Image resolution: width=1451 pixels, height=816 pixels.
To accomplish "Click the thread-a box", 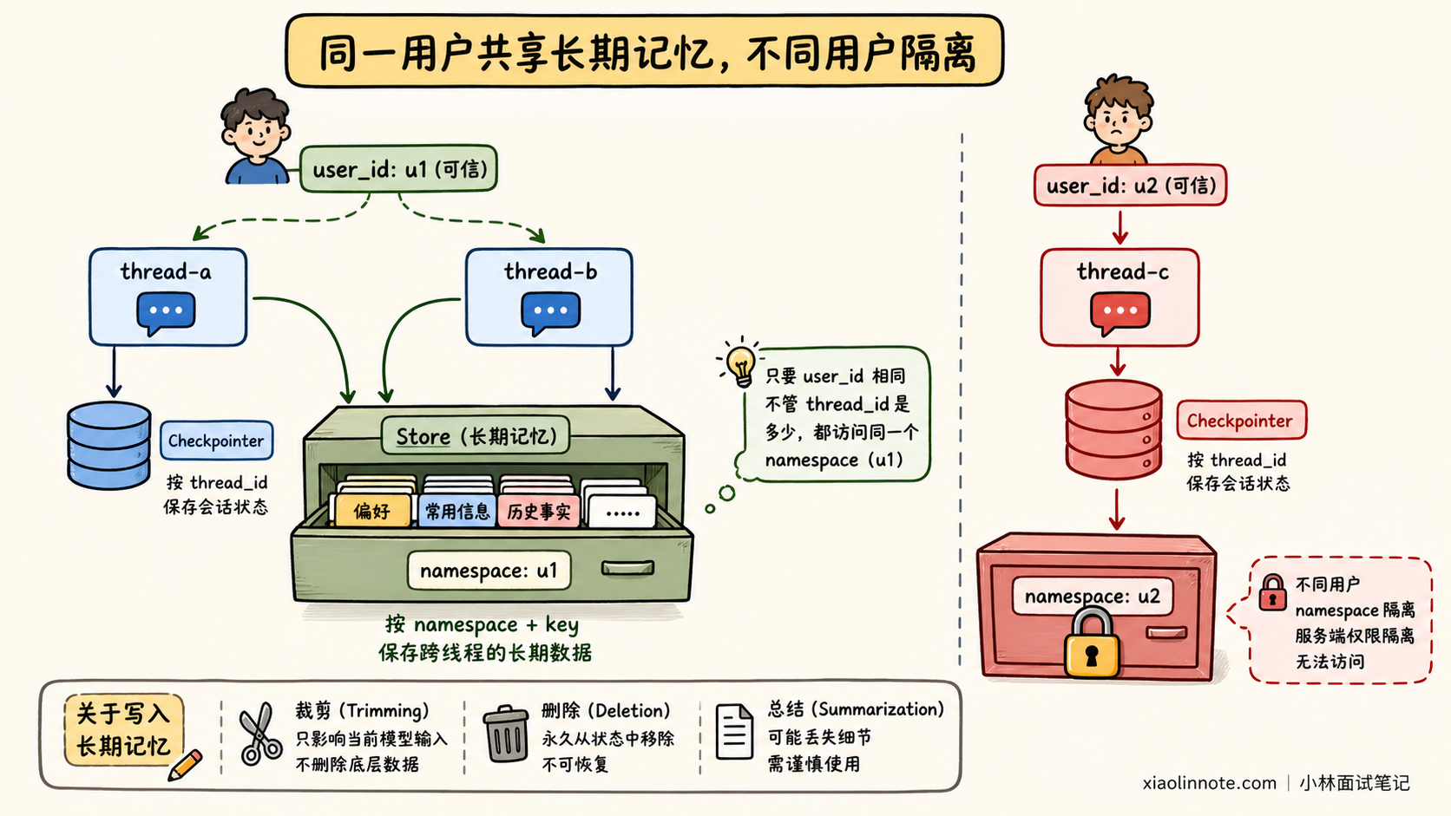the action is pyautogui.click(x=167, y=297).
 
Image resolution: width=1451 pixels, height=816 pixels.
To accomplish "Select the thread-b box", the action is pyautogui.click(x=549, y=297).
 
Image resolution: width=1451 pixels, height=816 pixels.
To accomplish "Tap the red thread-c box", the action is pyautogui.click(x=1120, y=297).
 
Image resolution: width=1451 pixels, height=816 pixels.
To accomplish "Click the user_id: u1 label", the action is pyautogui.click(x=398, y=169).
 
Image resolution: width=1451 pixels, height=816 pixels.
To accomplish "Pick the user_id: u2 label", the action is pyautogui.click(x=1131, y=186).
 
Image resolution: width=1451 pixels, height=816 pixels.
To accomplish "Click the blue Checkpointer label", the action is pyautogui.click(x=216, y=441).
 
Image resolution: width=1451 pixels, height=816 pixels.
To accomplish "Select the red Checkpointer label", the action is pyautogui.click(x=1240, y=421).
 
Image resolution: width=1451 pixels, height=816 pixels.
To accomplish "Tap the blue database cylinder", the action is pyautogui.click(x=108, y=445).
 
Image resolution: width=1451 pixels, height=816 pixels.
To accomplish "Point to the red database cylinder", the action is pyautogui.click(x=1113, y=429).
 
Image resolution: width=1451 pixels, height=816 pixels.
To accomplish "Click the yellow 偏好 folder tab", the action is pyautogui.click(x=372, y=512).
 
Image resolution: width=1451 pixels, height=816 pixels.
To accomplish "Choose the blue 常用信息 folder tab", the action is pyautogui.click(x=457, y=512).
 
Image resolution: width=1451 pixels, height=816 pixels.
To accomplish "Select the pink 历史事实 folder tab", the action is pyautogui.click(x=538, y=512).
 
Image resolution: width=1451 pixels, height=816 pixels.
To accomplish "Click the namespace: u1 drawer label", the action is pyautogui.click(x=489, y=571).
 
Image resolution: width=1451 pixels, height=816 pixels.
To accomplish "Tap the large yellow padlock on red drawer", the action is pyautogui.click(x=1092, y=643).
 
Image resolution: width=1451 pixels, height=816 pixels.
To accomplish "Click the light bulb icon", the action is pyautogui.click(x=740, y=363).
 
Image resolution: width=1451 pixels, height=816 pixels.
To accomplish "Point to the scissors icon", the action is pyautogui.click(x=260, y=734).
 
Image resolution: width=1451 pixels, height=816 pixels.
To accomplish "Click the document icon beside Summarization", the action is pyautogui.click(x=734, y=732).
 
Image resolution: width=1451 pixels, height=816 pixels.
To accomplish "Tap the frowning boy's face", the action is pyautogui.click(x=1119, y=121).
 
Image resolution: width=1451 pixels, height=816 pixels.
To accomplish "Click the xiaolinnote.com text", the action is pyautogui.click(x=1209, y=783).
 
